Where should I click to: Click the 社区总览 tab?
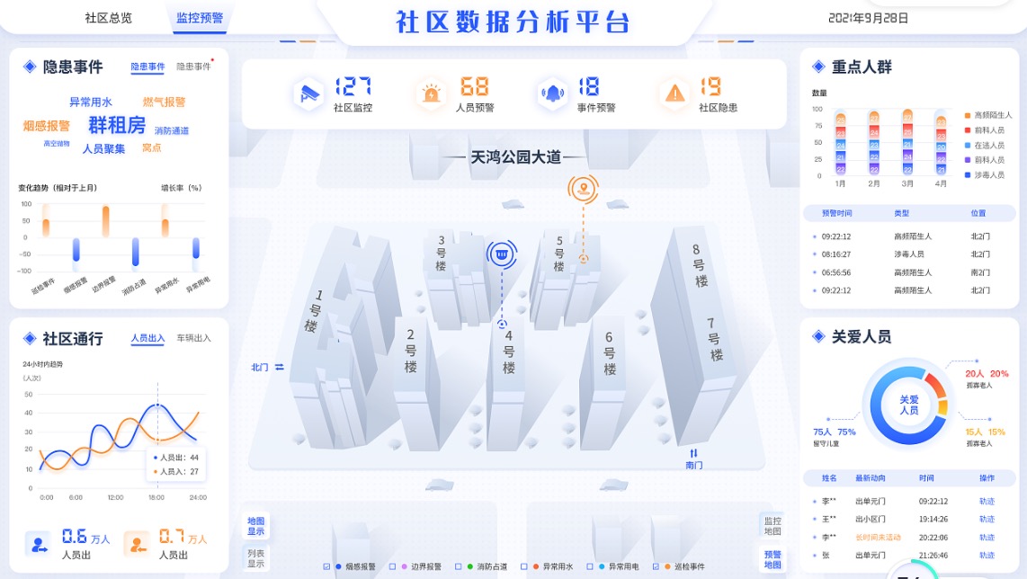pos(108,17)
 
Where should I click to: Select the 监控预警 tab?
pos(200,17)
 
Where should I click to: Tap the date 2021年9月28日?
pos(868,18)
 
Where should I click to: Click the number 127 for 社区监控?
pos(353,87)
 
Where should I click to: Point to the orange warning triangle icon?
pos(674,93)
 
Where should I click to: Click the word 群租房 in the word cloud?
pos(117,125)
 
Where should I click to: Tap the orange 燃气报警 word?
pos(164,102)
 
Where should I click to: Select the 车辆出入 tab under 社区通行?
pos(193,338)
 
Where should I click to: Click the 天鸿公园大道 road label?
pos(515,157)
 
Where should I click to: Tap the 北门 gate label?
pos(260,367)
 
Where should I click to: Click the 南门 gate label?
pos(693,465)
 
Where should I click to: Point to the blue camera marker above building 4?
pos(503,254)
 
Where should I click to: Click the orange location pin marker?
pos(583,189)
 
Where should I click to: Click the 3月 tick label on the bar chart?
pos(907,183)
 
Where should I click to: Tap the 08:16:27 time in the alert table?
pos(836,254)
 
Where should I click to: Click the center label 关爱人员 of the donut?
pos(909,404)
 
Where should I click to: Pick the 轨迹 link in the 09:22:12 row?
pos(987,501)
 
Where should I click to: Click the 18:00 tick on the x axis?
pos(156,497)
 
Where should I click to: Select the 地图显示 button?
pos(256,525)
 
